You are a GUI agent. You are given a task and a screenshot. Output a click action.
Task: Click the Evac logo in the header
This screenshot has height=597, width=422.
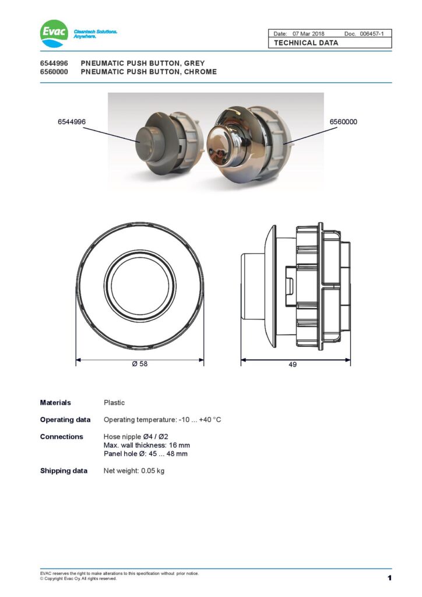click(54, 33)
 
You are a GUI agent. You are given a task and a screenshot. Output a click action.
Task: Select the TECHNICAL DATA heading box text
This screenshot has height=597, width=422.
click(306, 43)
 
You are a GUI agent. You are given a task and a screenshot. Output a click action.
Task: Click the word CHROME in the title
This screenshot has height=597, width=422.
click(199, 72)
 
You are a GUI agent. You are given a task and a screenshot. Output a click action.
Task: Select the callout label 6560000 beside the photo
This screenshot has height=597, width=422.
click(343, 122)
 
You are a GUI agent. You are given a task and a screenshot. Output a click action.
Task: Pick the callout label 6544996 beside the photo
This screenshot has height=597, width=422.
click(72, 122)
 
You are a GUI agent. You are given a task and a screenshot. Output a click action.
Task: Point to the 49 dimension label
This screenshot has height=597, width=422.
click(293, 364)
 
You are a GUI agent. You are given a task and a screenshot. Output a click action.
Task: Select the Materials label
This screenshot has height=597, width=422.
click(55, 402)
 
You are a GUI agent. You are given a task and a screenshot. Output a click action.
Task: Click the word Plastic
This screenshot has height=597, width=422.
click(114, 402)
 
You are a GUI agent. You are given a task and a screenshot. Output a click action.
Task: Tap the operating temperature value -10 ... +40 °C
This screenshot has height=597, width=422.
click(200, 420)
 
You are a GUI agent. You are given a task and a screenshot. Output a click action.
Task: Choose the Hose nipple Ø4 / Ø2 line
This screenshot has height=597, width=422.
click(136, 437)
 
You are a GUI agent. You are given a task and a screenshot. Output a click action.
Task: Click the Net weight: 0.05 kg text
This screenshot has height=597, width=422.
click(134, 470)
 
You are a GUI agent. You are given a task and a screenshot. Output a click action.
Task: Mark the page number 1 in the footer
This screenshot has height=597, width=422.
click(389, 578)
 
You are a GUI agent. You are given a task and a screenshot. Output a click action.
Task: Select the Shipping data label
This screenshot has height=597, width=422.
click(64, 470)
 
